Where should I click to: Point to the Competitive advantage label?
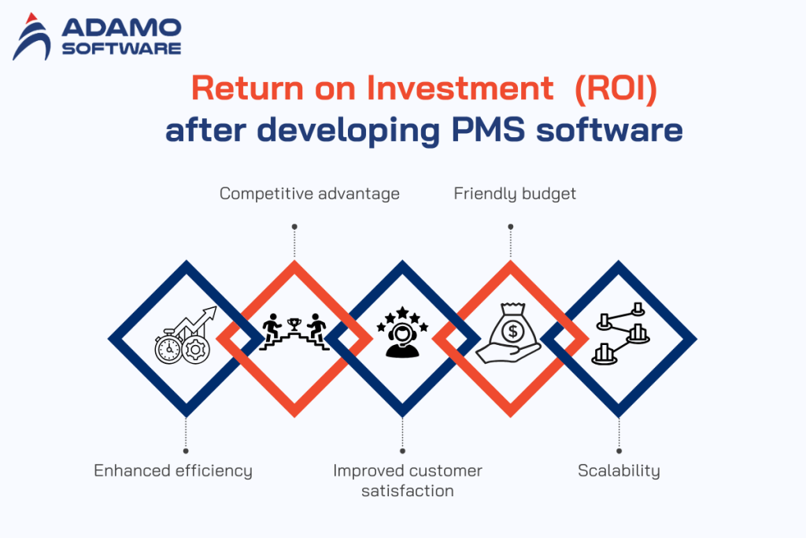pyautogui.click(x=309, y=193)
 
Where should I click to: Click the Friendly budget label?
pyautogui.click(x=515, y=193)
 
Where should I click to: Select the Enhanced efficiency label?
pyautogui.click(x=173, y=471)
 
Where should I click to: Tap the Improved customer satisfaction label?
pyautogui.click(x=407, y=480)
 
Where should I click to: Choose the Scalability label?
pyautogui.click(x=619, y=471)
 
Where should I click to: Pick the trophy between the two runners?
pyautogui.click(x=294, y=323)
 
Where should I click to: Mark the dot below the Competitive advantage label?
pyautogui.click(x=294, y=226)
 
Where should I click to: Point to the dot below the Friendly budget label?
pyautogui.click(x=511, y=226)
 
